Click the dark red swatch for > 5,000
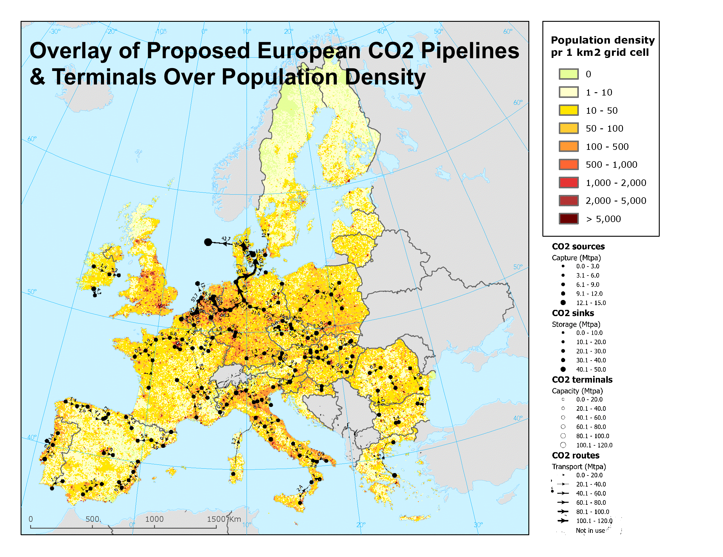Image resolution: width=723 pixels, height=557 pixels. coord(568,219)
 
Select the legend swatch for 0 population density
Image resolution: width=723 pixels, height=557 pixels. coord(568,74)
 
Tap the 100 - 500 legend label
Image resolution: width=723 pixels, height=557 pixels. coord(607,147)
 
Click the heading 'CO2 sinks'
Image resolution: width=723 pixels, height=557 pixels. coord(573,313)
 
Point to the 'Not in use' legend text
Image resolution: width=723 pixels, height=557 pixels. coord(590,530)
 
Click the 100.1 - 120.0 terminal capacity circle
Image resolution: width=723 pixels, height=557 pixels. coord(563,445)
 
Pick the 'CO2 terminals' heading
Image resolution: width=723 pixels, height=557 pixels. coord(582,380)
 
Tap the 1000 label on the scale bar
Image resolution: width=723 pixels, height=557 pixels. coord(154,519)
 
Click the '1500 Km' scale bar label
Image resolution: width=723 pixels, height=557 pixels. coord(224,519)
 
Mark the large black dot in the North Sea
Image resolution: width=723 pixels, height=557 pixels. coord(208,242)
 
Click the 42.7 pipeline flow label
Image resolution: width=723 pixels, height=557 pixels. coord(226,239)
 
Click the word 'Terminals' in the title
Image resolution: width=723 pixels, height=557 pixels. coord(104,77)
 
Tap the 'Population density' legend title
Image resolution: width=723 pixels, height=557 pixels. coord(602,40)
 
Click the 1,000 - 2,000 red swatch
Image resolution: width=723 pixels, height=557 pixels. coord(568,183)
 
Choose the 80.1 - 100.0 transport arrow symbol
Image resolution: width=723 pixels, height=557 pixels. coord(563,512)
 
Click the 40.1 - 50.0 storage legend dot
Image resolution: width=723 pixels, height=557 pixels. coord(563,369)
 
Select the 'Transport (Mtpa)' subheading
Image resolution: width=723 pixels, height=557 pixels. coord(579,467)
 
